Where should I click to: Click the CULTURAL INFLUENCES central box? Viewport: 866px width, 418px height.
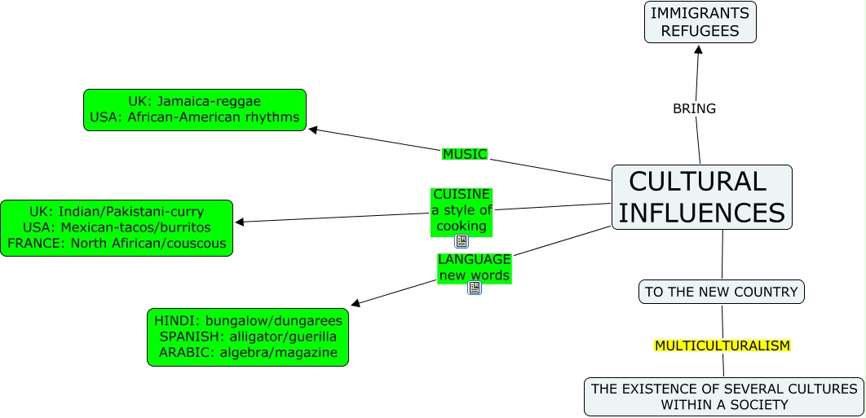coord(701,197)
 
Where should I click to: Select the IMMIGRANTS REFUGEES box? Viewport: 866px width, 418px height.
coord(700,22)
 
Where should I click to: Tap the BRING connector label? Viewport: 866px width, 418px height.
coord(694,108)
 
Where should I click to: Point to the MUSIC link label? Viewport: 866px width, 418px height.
coord(464,154)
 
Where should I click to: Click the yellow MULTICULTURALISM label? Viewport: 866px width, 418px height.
coord(722,345)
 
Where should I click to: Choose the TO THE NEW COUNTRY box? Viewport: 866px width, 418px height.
coord(721,292)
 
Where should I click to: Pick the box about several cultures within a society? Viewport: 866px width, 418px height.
coord(724,397)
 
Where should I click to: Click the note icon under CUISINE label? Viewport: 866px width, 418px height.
coord(462,241)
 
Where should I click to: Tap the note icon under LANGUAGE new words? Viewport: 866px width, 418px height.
coord(474,288)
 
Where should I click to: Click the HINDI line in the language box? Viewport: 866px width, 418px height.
coord(248,321)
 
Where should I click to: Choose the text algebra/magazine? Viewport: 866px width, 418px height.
coord(278,352)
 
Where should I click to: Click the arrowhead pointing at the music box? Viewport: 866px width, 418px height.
coord(313,129)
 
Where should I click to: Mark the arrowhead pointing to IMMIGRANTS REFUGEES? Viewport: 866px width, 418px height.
coord(697,49)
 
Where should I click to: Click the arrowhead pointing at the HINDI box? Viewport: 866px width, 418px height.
coord(356,304)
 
